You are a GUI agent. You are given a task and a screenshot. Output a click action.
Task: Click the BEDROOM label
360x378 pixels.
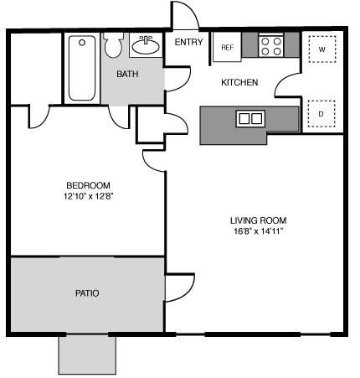(x=88, y=185)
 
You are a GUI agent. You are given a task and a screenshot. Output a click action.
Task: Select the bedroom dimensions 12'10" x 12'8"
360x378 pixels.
(x=88, y=198)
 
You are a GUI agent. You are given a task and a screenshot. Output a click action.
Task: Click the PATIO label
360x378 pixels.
(x=87, y=293)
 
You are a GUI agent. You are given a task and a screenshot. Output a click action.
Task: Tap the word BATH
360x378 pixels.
(x=127, y=74)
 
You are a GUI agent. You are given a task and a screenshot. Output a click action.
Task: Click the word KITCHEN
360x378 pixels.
(x=239, y=82)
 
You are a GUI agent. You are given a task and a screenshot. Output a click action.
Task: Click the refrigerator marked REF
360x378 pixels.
(x=227, y=48)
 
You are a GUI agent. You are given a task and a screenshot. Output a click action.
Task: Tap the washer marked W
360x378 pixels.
(x=321, y=49)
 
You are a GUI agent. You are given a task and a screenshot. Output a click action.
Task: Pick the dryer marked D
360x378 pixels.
(x=321, y=113)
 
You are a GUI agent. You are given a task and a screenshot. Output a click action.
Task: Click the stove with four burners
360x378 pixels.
(x=270, y=46)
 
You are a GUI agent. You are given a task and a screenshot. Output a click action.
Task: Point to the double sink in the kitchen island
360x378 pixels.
(x=249, y=118)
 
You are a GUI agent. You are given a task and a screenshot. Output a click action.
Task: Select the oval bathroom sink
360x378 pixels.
(x=147, y=45)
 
